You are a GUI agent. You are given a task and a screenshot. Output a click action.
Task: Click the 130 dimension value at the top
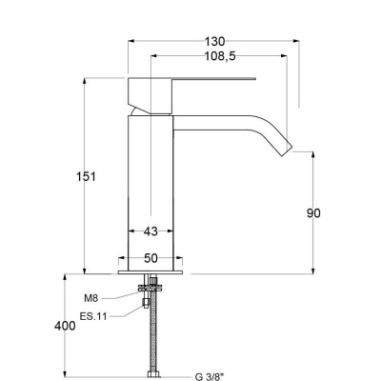(214, 42)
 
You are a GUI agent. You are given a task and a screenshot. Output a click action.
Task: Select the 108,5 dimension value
(220, 56)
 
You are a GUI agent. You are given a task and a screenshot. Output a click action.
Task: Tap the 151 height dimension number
(86, 176)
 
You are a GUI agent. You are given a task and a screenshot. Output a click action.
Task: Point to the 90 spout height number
(313, 213)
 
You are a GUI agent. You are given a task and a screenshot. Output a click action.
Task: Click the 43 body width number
(150, 231)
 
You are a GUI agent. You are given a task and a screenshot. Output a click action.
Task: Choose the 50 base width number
(150, 258)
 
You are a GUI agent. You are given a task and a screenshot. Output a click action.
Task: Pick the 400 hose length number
(65, 326)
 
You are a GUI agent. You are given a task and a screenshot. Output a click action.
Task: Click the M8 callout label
(91, 298)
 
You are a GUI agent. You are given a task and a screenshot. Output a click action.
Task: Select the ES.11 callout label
(93, 316)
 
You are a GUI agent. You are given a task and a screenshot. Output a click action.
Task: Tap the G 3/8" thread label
(210, 377)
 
